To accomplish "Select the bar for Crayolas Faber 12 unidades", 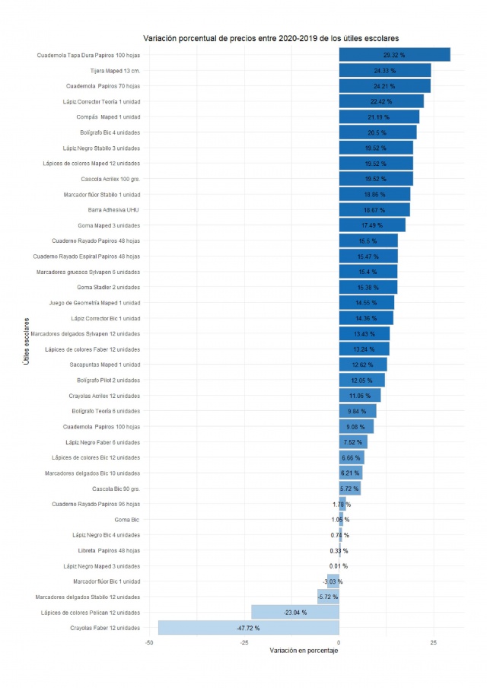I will click(x=249, y=628).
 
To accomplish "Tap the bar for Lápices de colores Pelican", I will click(x=295, y=613).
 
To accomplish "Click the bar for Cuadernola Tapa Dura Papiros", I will click(x=394, y=55).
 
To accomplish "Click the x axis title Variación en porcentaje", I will click(x=304, y=651).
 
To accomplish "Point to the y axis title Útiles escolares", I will click(x=27, y=341).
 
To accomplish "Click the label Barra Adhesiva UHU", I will click(x=114, y=210).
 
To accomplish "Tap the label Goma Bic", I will click(x=127, y=520).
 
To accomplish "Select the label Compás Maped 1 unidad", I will click(x=109, y=117).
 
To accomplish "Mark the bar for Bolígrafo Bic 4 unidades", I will click(x=377, y=132).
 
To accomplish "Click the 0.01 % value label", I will click(x=339, y=566).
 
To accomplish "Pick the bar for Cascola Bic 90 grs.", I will click(x=350, y=489).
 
